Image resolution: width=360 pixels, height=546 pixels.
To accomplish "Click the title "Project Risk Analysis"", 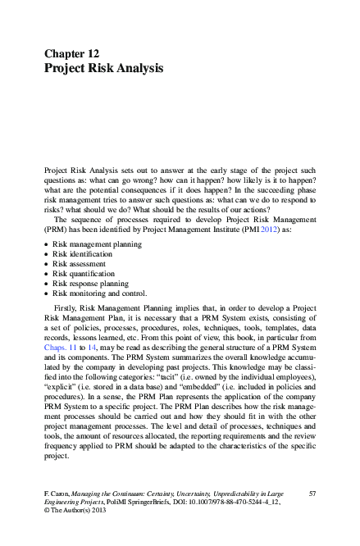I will click(103, 68).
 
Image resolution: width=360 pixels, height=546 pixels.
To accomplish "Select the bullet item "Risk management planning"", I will click(97, 244).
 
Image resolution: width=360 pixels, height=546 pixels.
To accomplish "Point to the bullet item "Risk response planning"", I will click(92, 284).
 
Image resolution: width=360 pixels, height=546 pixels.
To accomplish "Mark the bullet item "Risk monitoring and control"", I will click(99, 293).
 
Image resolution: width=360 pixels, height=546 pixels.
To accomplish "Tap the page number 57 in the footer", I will click(312, 493).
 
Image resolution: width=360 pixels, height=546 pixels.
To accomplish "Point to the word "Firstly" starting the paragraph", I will click(66, 308).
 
